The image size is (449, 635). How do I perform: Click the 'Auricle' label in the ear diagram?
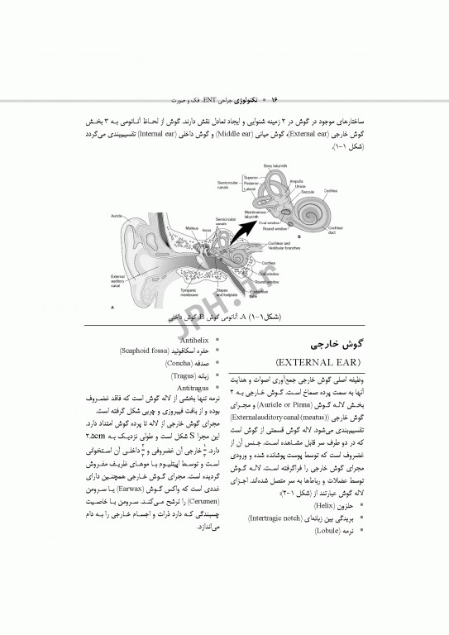(117, 216)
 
